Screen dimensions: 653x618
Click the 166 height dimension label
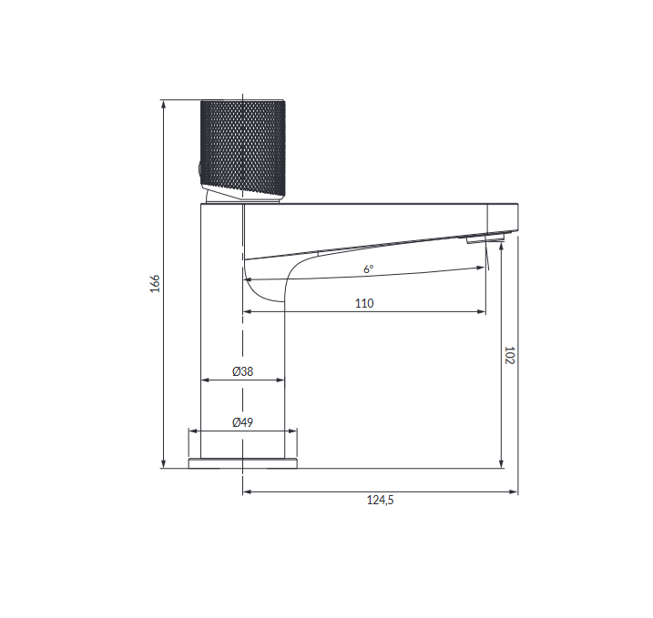155,283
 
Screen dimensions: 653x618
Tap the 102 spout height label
509,355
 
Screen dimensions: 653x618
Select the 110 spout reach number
364,303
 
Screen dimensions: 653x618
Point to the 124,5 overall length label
380,500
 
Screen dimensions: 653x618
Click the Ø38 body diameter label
243,371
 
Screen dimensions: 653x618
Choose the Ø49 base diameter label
243,422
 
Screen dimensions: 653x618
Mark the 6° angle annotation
369,269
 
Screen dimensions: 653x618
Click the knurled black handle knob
243,147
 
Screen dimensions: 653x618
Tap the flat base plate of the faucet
243,463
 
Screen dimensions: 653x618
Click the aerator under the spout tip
485,238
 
